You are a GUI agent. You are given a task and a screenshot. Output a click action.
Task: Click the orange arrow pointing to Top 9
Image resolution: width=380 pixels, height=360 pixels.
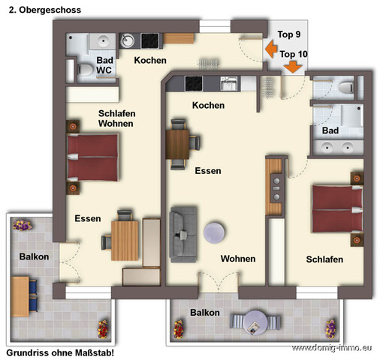(271, 49)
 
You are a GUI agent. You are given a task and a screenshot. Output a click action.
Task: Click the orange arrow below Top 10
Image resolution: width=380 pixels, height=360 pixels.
(293, 67)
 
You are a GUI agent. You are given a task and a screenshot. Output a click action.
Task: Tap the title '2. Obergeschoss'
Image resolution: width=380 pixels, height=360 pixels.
(45, 10)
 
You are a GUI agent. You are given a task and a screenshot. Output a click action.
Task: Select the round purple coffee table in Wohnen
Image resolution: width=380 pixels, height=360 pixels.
(214, 232)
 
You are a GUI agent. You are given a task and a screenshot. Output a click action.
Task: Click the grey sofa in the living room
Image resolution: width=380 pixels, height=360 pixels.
(183, 235)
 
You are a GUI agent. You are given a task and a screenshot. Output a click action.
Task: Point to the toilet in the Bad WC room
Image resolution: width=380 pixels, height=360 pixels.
(85, 70)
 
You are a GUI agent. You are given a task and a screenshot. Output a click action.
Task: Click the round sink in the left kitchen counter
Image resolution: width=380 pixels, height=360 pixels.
(127, 41)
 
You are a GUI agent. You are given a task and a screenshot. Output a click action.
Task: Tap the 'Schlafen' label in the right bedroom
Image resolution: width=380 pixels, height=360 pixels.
(324, 259)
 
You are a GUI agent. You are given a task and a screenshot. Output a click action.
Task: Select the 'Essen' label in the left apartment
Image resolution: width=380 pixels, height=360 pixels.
(88, 218)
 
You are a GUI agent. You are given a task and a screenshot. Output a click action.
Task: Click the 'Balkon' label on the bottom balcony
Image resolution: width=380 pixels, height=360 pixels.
(205, 313)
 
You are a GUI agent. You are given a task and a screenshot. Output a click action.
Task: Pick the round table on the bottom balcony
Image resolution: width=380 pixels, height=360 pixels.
(255, 322)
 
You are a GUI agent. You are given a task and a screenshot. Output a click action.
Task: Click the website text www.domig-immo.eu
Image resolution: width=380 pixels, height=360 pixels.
(332, 348)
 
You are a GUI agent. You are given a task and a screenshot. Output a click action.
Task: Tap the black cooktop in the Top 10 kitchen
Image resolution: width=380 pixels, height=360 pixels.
(194, 83)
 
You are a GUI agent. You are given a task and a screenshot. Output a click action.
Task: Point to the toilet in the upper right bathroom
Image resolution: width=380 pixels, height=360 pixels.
(346, 88)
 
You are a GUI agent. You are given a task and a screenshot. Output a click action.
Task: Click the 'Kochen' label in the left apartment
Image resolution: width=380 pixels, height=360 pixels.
(150, 60)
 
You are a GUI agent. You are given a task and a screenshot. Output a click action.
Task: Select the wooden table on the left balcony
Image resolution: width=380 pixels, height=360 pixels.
(20, 296)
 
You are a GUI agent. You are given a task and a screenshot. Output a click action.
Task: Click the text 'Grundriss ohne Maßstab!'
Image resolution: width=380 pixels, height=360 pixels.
(60, 352)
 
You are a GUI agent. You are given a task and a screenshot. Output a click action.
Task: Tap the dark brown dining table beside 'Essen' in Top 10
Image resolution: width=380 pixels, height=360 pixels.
(177, 145)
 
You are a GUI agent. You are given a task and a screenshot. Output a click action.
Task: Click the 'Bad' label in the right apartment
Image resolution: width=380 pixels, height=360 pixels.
(330, 130)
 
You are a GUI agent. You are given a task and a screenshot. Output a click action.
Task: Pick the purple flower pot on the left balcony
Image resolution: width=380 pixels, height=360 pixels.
(23, 225)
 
